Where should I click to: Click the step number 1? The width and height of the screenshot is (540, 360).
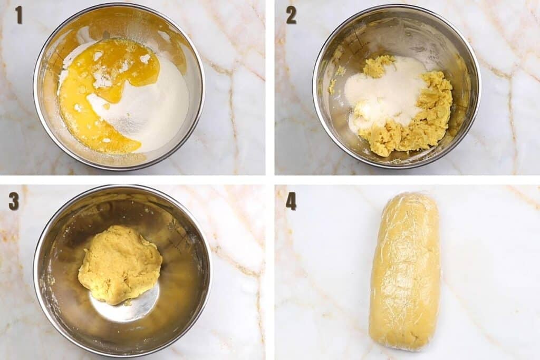(19, 15)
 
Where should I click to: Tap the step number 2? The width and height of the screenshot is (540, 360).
(291, 15)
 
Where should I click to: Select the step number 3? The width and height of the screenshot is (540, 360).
(14, 201)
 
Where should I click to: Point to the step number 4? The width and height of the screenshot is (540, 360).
(291, 201)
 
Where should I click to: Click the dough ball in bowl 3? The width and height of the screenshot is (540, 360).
(120, 264)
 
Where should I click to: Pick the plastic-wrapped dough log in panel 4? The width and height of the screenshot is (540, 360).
(404, 271)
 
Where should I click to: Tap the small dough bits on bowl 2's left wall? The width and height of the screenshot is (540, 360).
(336, 80)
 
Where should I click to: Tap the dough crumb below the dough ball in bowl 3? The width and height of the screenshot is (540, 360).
(128, 303)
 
